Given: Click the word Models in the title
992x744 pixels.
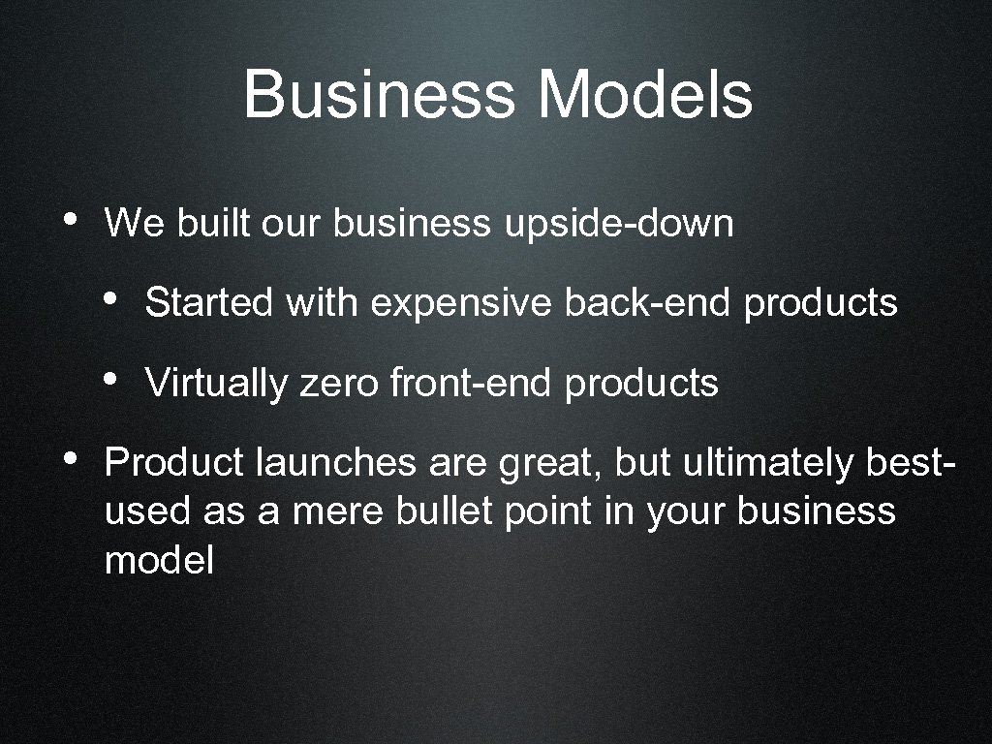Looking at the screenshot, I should pos(646,96).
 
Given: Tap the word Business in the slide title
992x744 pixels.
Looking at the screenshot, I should pos(379,96).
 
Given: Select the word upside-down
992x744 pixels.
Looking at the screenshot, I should pos(618,224).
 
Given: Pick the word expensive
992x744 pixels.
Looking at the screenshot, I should pos(461,303).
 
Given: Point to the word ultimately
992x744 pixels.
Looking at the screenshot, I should pos(763,463).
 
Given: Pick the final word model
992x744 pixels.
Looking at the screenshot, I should pos(159,560).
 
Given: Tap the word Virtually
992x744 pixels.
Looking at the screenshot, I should pos(216,384).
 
